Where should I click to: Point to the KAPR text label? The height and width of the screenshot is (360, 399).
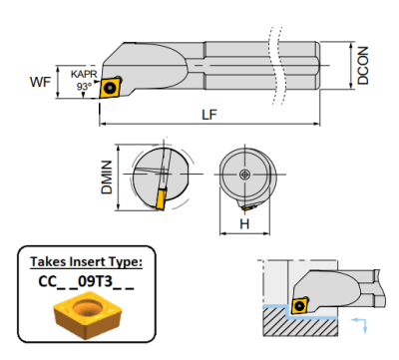click(x=85, y=73)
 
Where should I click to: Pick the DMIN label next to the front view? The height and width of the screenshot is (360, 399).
click(x=108, y=180)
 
